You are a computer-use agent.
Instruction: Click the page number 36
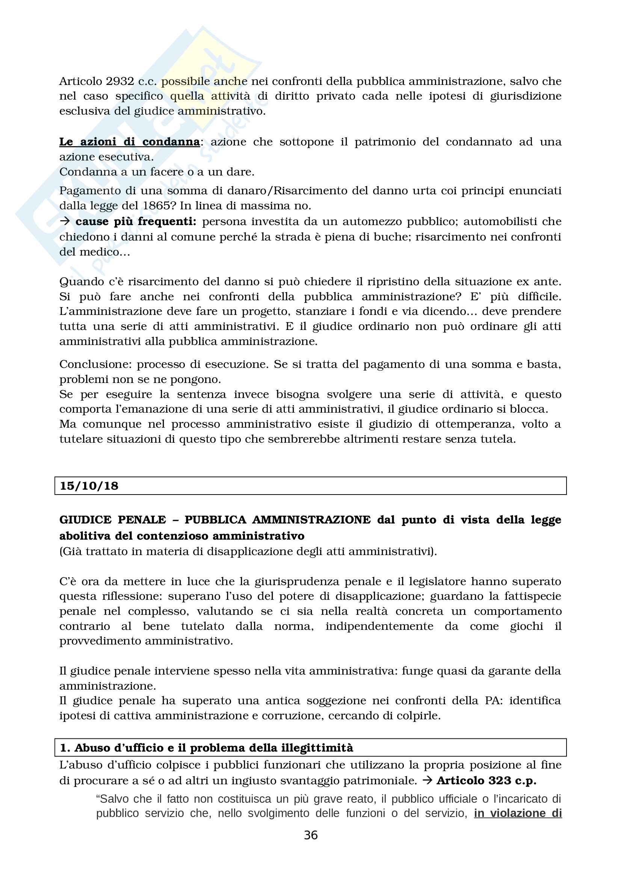pyautogui.click(x=310, y=835)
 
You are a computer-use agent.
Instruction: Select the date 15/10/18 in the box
pyautogui.click(x=89, y=486)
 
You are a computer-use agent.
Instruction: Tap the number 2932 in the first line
pyautogui.click(x=120, y=81)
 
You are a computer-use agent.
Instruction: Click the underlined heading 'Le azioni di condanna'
pyautogui.click(x=129, y=142)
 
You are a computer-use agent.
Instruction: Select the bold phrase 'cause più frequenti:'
pyautogui.click(x=136, y=221)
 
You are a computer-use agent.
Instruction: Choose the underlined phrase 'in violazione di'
pyautogui.click(x=518, y=814)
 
